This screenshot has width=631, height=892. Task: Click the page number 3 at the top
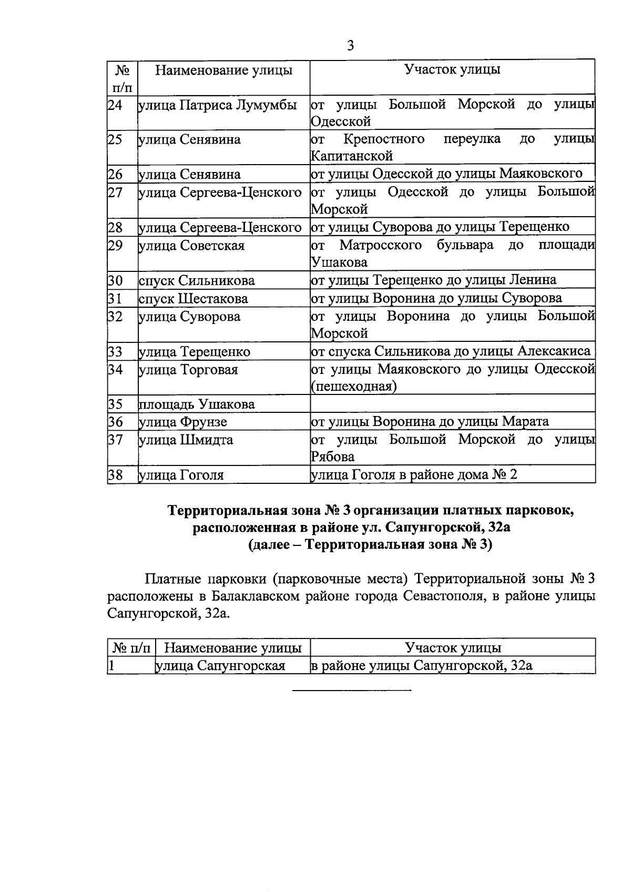point(350,46)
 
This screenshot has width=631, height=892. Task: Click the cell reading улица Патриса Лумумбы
point(217,105)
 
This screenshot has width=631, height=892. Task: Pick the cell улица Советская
point(191,246)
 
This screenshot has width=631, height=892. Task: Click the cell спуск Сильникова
point(197,281)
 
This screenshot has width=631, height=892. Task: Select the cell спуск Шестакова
point(194,299)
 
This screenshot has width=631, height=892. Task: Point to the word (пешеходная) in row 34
point(354,387)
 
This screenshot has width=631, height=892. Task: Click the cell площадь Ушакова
point(197,404)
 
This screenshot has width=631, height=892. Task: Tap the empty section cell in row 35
point(452,404)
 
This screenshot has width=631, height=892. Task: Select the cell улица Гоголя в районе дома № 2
point(414,475)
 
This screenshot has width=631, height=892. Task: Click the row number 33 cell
point(116,351)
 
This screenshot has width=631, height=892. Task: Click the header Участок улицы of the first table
point(452,70)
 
